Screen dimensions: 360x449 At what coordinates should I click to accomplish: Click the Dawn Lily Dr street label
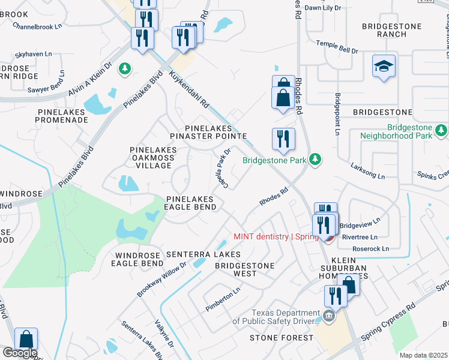(322, 8)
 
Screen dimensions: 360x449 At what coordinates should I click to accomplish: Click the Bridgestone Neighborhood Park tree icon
(442, 130)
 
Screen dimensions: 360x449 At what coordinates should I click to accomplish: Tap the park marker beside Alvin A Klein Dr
(125, 69)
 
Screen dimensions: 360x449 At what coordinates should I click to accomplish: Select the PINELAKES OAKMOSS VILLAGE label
(152, 157)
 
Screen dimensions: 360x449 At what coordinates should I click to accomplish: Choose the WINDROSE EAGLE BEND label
(138, 259)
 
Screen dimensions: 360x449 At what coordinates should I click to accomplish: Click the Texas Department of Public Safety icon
(328, 316)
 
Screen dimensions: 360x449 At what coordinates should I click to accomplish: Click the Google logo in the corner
(19, 353)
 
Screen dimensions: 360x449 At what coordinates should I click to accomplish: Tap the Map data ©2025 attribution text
(424, 355)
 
